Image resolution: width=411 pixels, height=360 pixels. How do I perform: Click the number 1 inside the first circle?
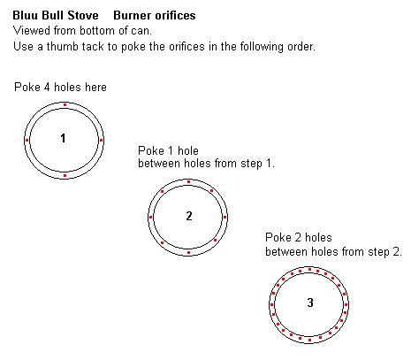(63, 138)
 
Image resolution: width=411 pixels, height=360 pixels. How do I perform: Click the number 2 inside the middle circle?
(189, 216)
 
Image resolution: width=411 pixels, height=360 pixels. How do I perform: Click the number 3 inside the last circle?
(310, 303)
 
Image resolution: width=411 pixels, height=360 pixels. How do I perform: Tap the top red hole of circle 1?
(65, 104)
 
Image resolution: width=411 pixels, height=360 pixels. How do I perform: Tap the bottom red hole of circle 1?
(65, 176)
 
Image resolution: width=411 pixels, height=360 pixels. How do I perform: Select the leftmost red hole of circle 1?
(27, 140)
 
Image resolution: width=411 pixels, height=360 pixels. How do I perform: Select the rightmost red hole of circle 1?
(101, 140)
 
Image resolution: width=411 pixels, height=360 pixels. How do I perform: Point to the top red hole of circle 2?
(188, 182)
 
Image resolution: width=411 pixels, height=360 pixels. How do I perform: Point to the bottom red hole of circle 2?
(188, 253)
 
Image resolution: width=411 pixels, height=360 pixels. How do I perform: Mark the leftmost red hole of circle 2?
(151, 218)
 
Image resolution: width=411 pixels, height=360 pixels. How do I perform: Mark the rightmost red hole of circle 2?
(225, 218)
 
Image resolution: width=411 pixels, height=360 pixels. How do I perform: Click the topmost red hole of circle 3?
(309, 270)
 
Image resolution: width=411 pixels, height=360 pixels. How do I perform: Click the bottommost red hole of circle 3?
(309, 340)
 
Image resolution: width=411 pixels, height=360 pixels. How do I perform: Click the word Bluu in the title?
(26, 15)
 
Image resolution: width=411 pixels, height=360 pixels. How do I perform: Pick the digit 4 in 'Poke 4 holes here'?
(47, 88)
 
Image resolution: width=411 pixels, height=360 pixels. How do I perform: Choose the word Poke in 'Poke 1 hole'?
(151, 150)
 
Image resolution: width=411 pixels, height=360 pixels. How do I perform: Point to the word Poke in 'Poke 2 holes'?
(278, 237)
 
